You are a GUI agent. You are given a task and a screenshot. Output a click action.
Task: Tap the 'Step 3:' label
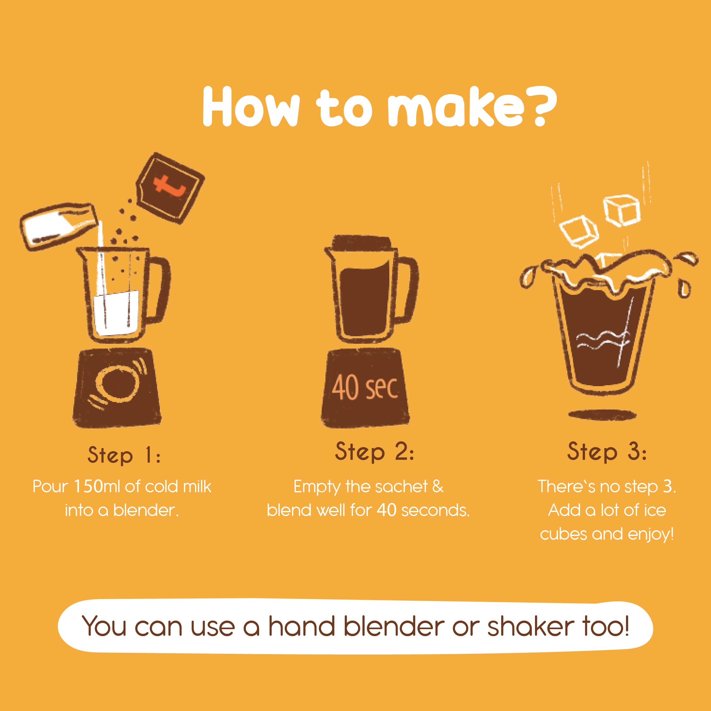[x=607, y=452]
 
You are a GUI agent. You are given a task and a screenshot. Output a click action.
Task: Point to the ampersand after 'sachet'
[x=438, y=487]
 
